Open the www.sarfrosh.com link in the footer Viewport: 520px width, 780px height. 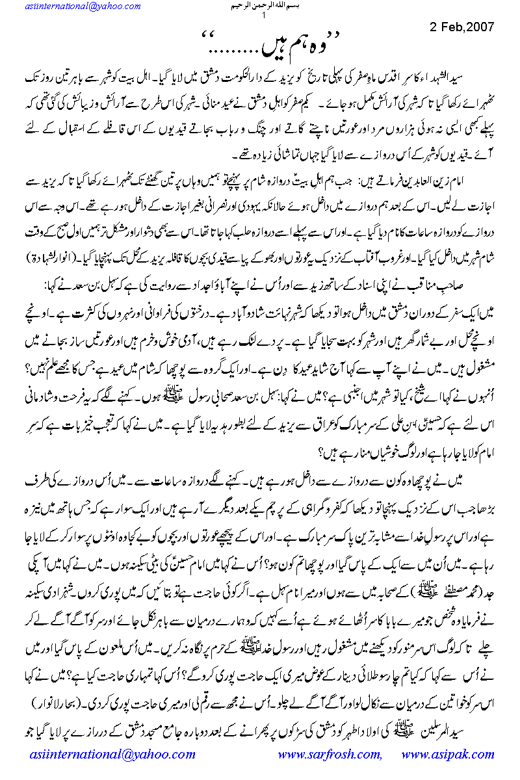(x=329, y=755)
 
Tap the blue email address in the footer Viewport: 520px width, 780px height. (x=112, y=755)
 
